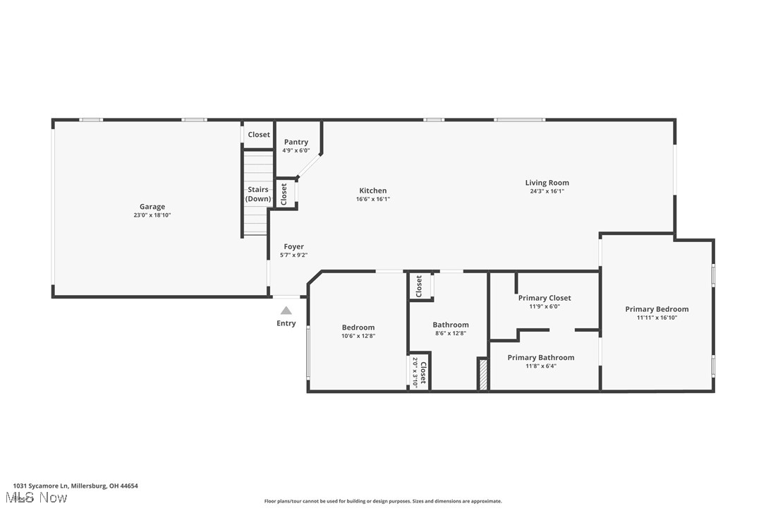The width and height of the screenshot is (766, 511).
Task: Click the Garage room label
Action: (152, 207)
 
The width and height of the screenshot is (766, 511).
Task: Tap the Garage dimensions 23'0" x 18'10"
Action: (152, 215)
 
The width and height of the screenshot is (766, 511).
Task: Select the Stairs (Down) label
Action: (258, 194)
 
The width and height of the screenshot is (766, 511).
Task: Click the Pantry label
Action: (296, 142)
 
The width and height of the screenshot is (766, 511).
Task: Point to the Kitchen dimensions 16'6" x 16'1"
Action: (373, 199)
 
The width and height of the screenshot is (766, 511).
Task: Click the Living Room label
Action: (547, 183)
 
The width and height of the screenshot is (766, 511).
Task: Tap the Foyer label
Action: (293, 246)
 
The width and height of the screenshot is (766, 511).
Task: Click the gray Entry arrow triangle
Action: (286, 310)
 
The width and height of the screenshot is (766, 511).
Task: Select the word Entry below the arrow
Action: (286, 323)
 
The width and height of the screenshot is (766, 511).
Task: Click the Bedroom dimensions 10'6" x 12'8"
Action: (358, 336)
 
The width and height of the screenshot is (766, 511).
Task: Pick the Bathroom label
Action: (450, 325)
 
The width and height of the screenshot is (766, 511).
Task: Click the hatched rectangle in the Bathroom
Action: (483, 374)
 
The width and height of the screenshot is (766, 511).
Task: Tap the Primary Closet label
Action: (545, 298)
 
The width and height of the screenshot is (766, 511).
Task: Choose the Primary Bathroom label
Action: (541, 357)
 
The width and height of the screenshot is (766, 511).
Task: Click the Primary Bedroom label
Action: (657, 309)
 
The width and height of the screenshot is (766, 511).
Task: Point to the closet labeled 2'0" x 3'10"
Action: (420, 371)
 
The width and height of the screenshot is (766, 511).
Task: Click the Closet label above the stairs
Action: (259, 134)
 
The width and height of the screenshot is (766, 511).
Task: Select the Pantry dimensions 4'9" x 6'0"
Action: (296, 150)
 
